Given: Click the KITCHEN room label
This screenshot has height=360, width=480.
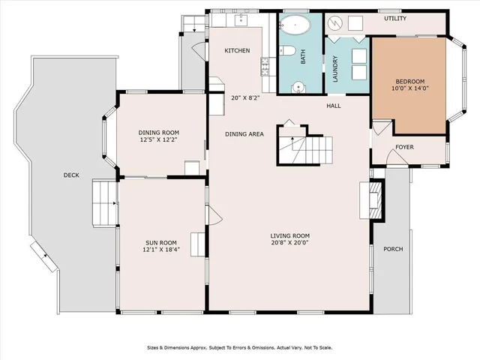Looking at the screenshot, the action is (x=237, y=50).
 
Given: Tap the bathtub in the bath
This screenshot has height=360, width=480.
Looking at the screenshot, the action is (x=295, y=25).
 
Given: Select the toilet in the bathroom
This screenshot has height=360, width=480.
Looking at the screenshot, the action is (x=287, y=50).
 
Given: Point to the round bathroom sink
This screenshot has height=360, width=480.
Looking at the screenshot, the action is (x=298, y=87).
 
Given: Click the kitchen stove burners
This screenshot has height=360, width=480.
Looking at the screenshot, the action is (x=265, y=67).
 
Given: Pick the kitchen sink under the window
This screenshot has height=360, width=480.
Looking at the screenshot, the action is (x=241, y=20).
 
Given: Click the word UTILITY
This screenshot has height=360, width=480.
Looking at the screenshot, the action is (x=395, y=18).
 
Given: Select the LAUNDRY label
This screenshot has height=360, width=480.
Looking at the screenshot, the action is (x=335, y=69).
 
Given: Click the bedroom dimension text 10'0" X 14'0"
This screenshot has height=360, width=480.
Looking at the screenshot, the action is (x=410, y=88).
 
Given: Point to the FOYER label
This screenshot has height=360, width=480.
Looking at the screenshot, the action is (x=404, y=147).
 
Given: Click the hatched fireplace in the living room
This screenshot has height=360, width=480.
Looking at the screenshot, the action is (x=376, y=200).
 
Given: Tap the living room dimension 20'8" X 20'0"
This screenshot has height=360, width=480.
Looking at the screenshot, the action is (x=289, y=243).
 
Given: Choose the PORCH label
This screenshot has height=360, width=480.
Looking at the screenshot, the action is (x=393, y=249).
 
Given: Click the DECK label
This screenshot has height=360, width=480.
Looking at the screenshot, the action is (x=71, y=175).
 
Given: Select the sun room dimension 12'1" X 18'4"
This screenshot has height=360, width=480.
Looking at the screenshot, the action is (x=161, y=250).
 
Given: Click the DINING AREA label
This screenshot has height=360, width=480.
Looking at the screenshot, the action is (x=244, y=134).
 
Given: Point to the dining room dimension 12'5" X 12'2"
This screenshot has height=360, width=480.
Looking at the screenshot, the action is (x=158, y=140).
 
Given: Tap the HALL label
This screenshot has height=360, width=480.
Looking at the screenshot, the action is (x=333, y=106).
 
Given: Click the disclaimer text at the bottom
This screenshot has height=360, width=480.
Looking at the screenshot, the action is (x=240, y=348).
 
